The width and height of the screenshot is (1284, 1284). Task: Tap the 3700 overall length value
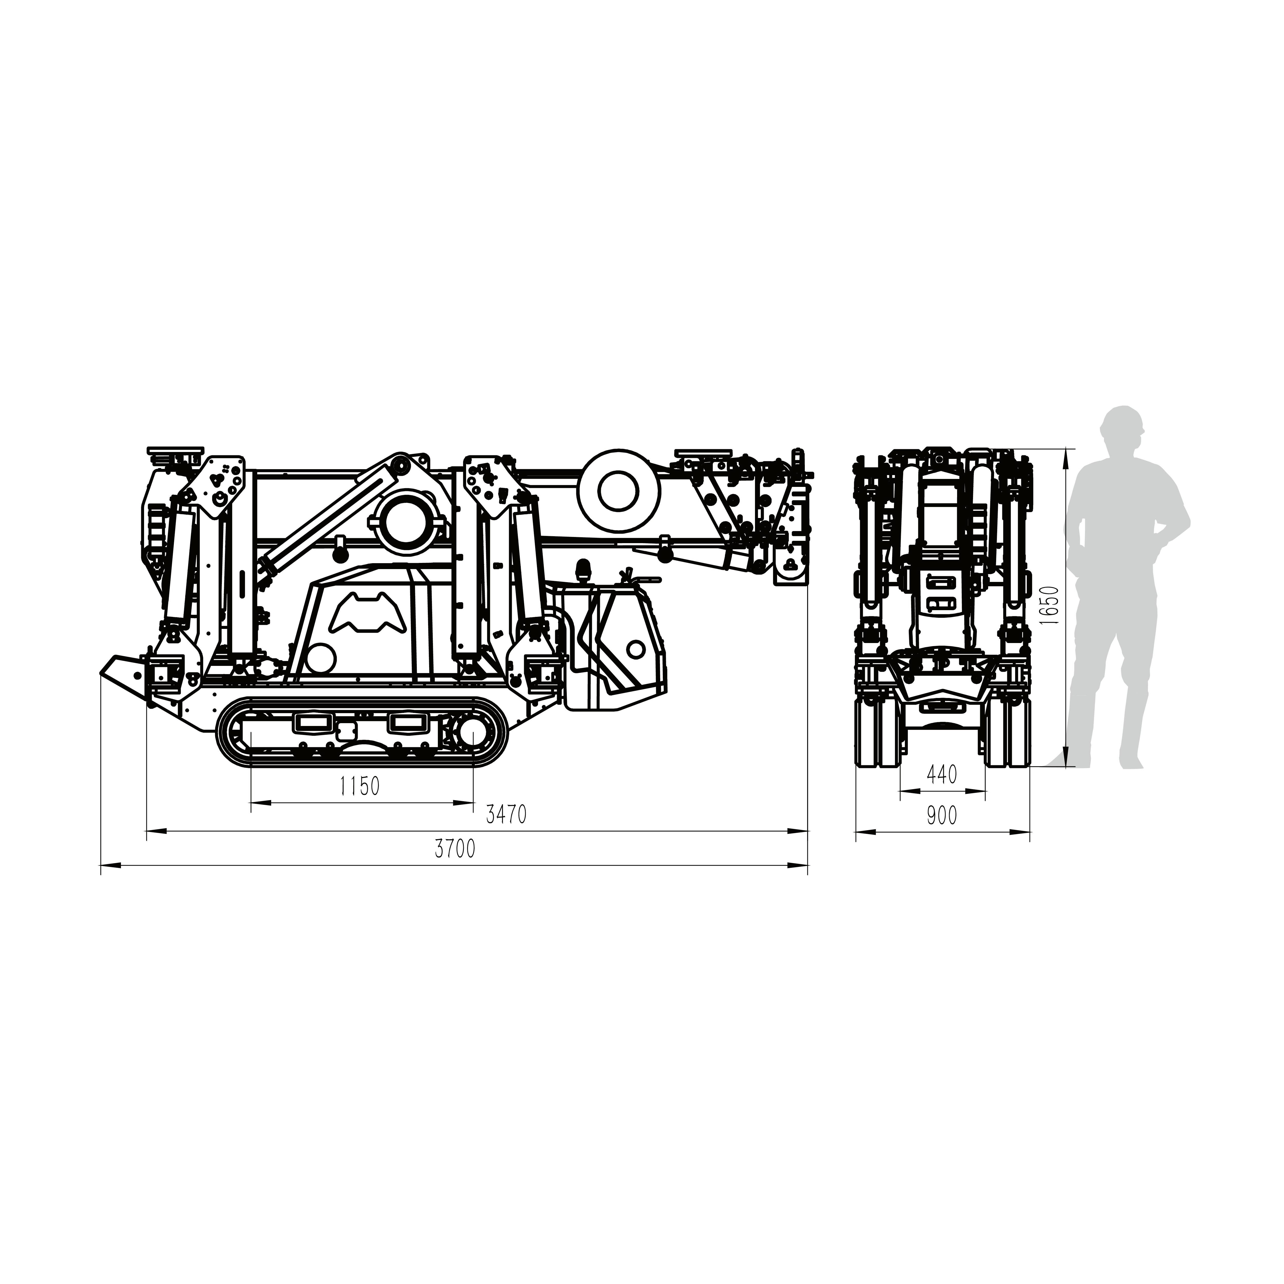point(455,849)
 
